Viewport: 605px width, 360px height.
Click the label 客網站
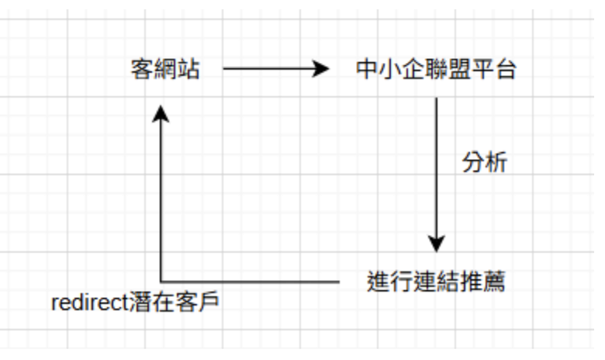coord(165,70)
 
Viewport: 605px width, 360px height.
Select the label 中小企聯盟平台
coord(436,70)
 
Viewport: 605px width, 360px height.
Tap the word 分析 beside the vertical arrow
coord(485,163)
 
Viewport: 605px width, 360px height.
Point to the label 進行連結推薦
coord(436,281)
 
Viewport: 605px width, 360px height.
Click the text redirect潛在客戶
coord(135,302)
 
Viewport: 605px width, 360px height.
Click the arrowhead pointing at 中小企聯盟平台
coord(321,70)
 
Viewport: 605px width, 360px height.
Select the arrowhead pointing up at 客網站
coord(161,113)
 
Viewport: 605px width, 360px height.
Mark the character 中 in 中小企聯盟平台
coord(366,70)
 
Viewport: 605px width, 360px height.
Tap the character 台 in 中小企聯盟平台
coord(506,70)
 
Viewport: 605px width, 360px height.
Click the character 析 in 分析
coord(496,163)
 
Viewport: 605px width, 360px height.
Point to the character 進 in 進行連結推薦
coord(378,281)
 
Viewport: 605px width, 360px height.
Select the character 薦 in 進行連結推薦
coord(494,281)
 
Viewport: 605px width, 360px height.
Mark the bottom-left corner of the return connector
coord(161,281)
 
